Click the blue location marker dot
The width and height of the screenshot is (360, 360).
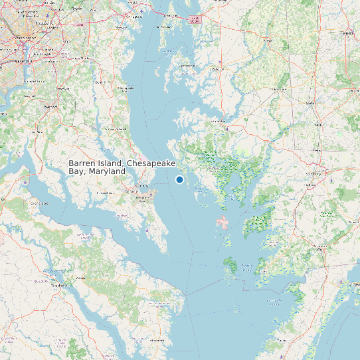pos(179,179)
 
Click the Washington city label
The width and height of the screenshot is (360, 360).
pos(25,38)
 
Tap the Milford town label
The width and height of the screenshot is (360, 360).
pos(347,33)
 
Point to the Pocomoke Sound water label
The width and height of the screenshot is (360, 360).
pos(274,302)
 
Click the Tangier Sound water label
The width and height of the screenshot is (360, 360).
pos(246,267)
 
